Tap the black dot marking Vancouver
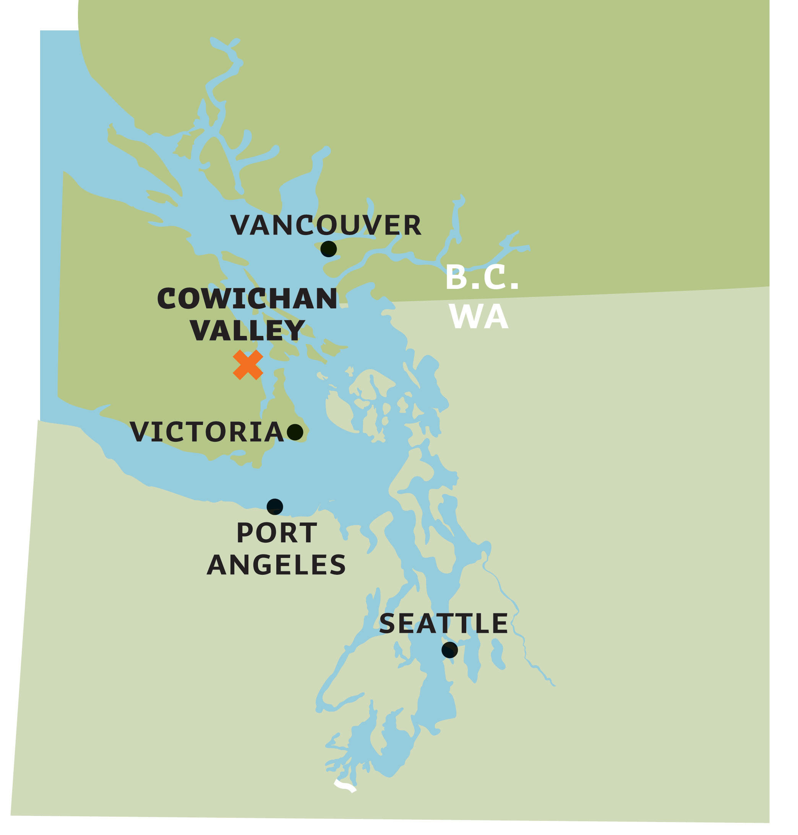pos(328,249)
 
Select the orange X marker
pos(248,365)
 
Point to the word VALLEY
pos(247,330)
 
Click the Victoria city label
pos(207,432)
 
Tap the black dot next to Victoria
pos(295,432)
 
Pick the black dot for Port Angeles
pos(275,507)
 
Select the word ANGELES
pos(276,565)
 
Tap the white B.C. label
pos(482,277)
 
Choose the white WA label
pos(478,316)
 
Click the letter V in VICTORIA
pos(139,432)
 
